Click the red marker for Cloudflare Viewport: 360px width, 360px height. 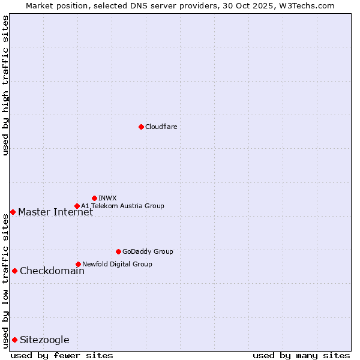141,127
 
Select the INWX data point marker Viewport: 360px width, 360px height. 94,198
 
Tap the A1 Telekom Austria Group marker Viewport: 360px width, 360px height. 77,206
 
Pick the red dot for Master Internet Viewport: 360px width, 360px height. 13,212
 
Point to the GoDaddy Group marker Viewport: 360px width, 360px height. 118,251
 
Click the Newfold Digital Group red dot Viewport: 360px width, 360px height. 78,264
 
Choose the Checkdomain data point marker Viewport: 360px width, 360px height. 14,271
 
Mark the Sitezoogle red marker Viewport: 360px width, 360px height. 14,340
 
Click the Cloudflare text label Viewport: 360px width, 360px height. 161,127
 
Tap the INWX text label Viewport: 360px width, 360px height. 107,198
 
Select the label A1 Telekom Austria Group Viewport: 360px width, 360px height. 122,206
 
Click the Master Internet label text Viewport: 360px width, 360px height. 55,212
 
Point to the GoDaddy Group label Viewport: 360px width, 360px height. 148,251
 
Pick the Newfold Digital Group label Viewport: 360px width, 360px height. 117,264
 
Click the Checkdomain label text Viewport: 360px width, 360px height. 52,271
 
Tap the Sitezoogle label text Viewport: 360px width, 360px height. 44,340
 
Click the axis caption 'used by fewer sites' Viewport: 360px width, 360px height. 62,355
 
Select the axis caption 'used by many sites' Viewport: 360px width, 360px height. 301,355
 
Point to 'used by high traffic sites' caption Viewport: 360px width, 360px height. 5,86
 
